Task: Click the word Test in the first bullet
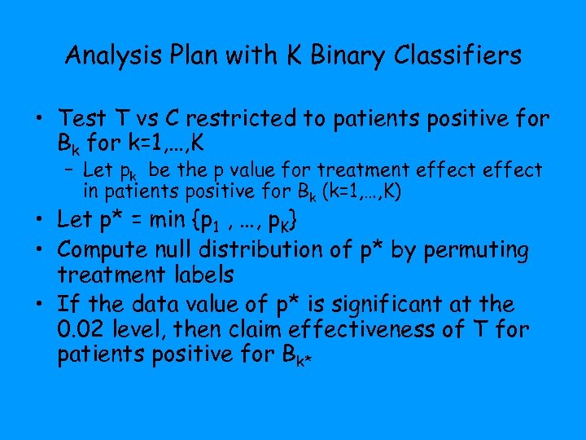84,119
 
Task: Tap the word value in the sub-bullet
256,170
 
